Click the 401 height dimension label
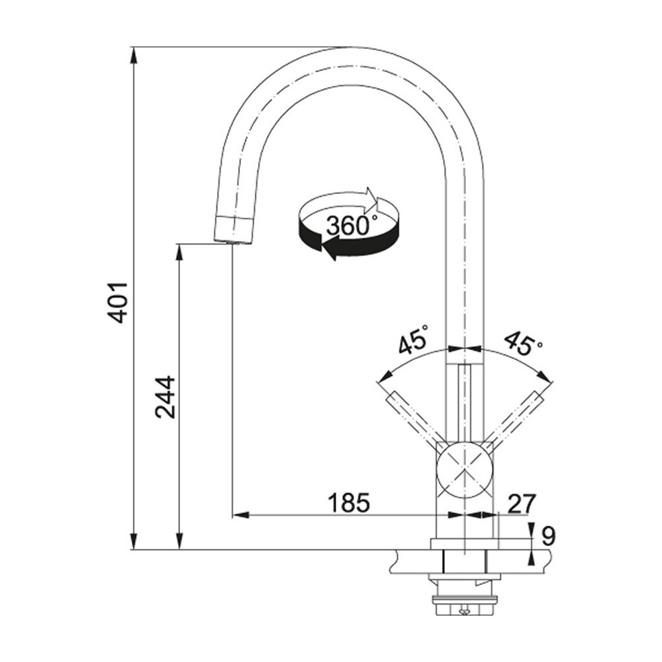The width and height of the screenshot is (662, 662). [x=119, y=302]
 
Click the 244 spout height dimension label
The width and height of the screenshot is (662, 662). [x=165, y=397]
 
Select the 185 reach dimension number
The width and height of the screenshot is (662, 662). [x=348, y=503]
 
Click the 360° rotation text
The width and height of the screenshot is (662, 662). [x=351, y=226]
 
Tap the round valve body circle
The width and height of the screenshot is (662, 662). [x=466, y=470]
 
